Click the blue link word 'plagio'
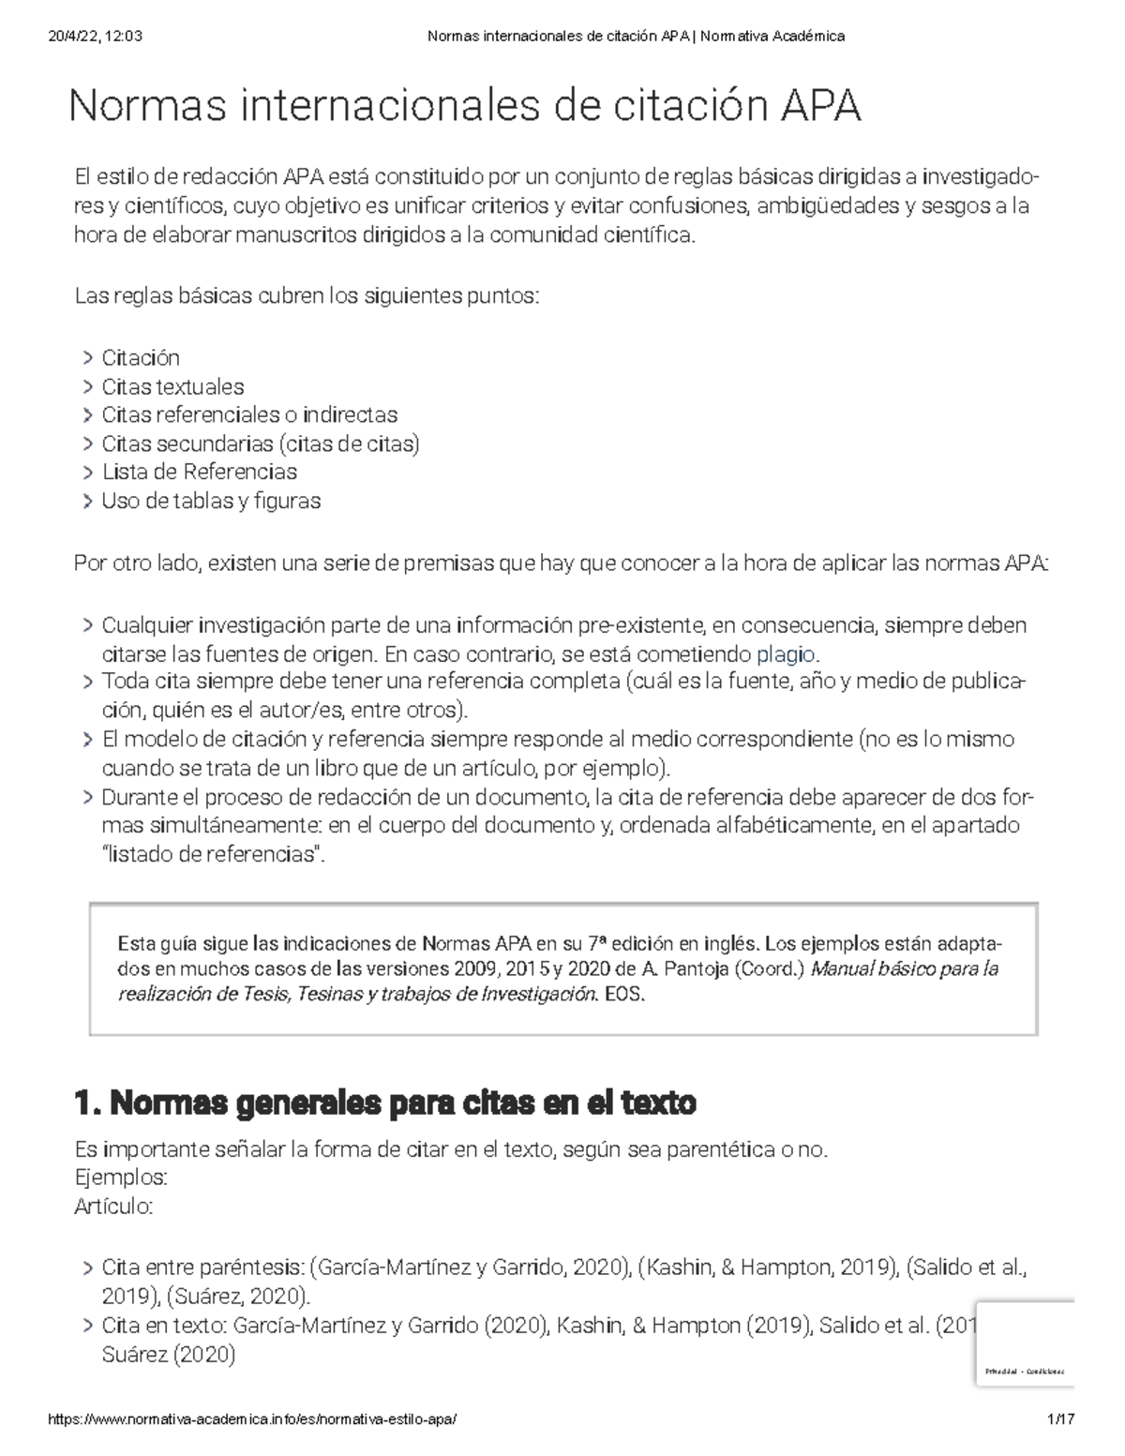[x=786, y=653]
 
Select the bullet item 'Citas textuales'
[x=172, y=386]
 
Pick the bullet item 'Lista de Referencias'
[x=199, y=472]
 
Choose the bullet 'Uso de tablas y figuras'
[x=211, y=501]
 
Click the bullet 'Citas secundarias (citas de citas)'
[x=260, y=443]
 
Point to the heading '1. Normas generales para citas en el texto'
[x=384, y=1103]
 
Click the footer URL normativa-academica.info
[x=253, y=1419]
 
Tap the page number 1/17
[x=1061, y=1419]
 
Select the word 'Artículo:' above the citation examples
[x=113, y=1207]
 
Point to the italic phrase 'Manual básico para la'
[x=905, y=968]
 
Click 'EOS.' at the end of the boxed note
[x=625, y=995]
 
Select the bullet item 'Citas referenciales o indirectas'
[x=249, y=414]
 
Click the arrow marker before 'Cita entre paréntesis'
[x=86, y=1268]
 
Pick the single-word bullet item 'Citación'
[x=141, y=357]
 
